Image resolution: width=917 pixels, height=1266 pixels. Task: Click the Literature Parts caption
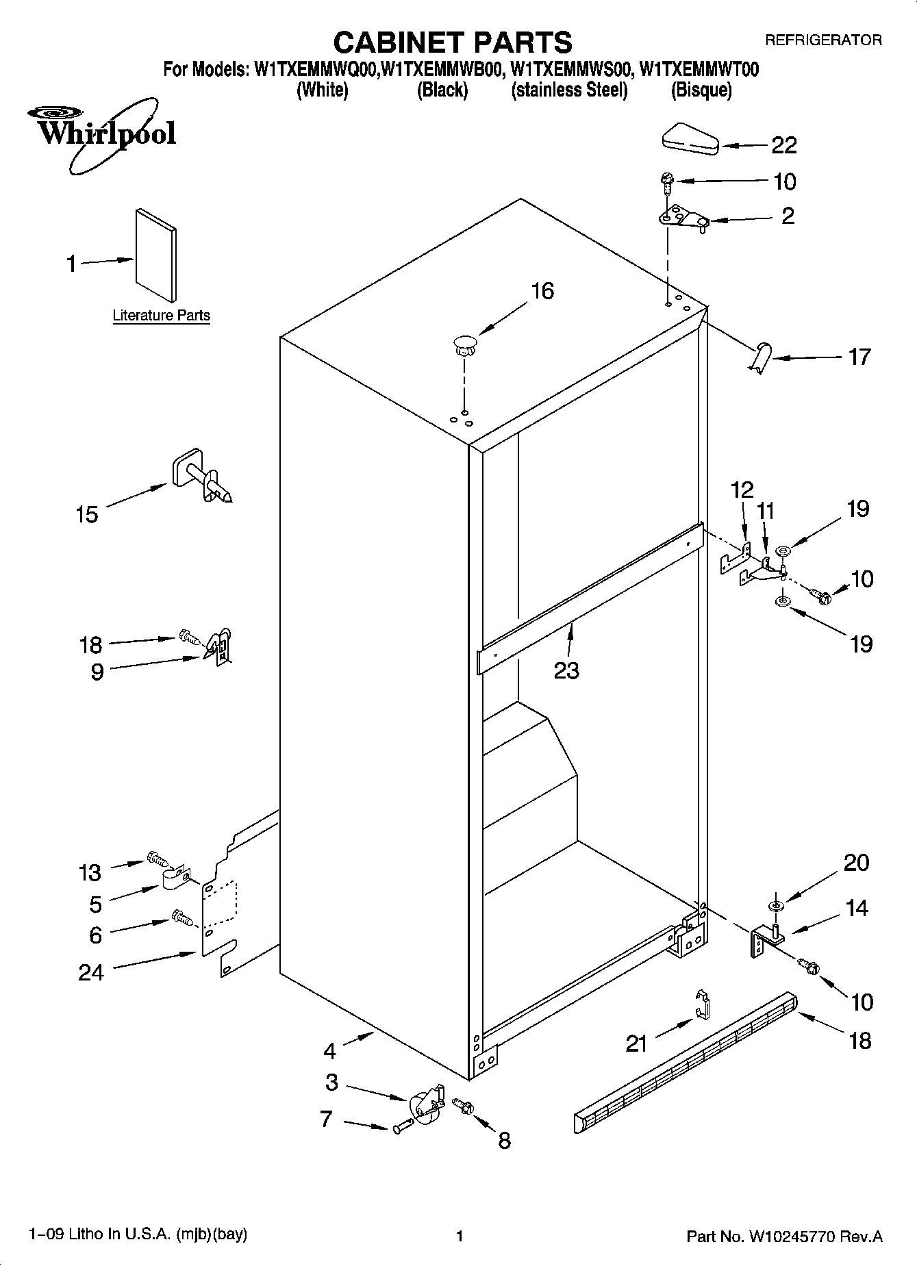pyautogui.click(x=161, y=316)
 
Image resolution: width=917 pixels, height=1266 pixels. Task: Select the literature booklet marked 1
pyautogui.click(x=155, y=254)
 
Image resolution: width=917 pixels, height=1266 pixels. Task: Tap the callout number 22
pyautogui.click(x=784, y=145)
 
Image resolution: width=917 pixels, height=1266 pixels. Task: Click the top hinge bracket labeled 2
pyautogui.click(x=681, y=218)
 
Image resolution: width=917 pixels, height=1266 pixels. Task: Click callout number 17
pyautogui.click(x=859, y=357)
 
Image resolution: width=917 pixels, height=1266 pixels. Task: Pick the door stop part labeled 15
pyautogui.click(x=201, y=475)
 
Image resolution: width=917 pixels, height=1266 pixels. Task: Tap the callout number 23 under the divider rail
pyautogui.click(x=566, y=670)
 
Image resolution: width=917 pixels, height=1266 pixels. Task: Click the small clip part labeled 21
pyautogui.click(x=701, y=1004)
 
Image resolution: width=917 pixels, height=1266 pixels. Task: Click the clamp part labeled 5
pyautogui.click(x=175, y=878)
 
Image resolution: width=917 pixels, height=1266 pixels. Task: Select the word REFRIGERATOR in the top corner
pyautogui.click(x=822, y=40)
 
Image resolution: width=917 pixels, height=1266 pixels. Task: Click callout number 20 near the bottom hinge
pyautogui.click(x=856, y=862)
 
